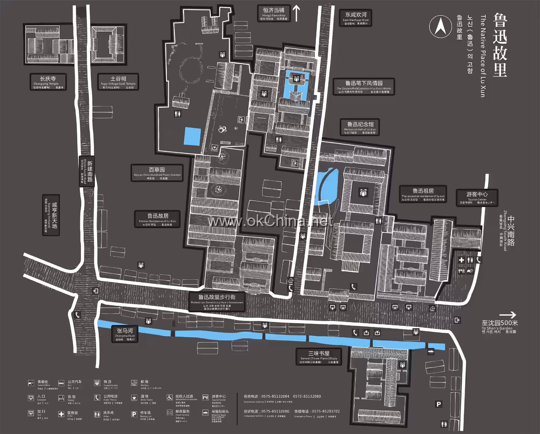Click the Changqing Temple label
(x=48, y=82)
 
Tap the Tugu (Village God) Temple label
(x=118, y=82)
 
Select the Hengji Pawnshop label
(x=274, y=14)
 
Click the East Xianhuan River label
(x=356, y=18)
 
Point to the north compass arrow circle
(x=440, y=26)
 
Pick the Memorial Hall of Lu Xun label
(x=360, y=127)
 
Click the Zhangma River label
(x=125, y=334)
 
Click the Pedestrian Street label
(x=217, y=302)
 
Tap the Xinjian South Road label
(x=87, y=171)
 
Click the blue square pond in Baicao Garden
(x=192, y=136)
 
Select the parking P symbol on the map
(x=438, y=404)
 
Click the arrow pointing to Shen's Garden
(x=508, y=315)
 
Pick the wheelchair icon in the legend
(x=170, y=398)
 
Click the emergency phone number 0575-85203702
(x=326, y=411)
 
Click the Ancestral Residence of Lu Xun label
(x=423, y=194)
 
